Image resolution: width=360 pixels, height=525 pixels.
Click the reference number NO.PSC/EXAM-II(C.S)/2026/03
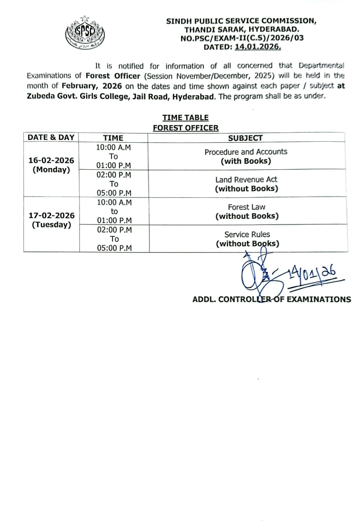click(x=242, y=38)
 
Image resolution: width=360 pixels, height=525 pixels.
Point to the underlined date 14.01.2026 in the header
click(x=258, y=47)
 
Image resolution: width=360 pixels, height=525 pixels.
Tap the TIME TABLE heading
click(x=185, y=117)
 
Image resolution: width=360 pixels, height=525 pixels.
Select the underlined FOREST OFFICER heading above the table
click(x=185, y=128)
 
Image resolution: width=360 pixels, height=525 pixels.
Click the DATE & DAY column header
click(x=51, y=137)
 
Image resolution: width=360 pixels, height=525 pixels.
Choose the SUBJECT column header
click(x=245, y=138)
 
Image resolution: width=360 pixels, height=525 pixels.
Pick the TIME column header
click(x=113, y=138)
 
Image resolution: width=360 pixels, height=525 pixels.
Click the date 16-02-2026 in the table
click(x=51, y=160)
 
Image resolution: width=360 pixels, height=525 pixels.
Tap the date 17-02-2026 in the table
click(x=52, y=216)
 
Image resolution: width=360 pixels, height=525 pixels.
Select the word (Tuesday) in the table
click(x=52, y=225)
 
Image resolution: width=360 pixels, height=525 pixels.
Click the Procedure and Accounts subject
click(x=246, y=152)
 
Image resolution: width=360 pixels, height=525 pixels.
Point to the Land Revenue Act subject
click(x=246, y=179)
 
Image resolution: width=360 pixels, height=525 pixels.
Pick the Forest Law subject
click(x=246, y=207)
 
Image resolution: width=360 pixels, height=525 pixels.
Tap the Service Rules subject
click(x=247, y=235)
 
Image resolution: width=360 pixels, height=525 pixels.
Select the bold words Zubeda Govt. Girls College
click(x=77, y=97)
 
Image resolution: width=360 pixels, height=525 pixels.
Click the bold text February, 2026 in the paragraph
click(x=92, y=86)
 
